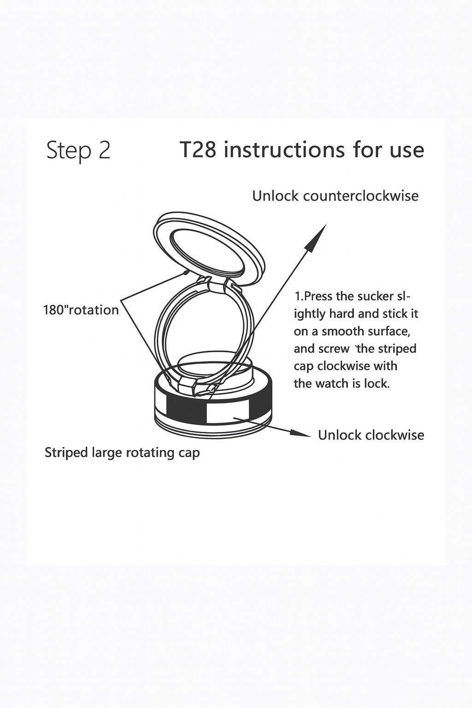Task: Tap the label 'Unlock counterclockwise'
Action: click(x=336, y=196)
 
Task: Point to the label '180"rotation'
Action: click(x=81, y=310)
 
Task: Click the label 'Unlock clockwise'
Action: click(x=371, y=435)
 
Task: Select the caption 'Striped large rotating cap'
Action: click(x=122, y=453)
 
